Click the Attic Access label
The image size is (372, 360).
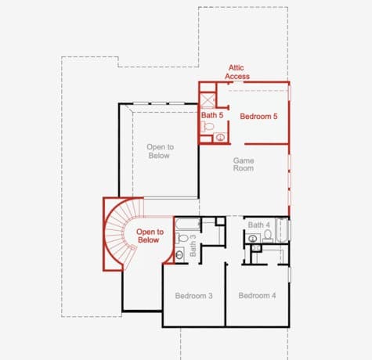(237, 72)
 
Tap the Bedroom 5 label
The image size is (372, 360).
(258, 117)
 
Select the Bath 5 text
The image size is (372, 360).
(212, 115)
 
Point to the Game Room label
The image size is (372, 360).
(244, 164)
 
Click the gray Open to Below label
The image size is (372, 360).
(160, 151)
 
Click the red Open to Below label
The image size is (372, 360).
(150, 236)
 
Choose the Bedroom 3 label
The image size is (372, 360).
(193, 296)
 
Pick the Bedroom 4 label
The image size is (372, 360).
(257, 296)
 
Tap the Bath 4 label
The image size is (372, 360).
(258, 225)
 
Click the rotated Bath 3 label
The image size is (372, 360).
(193, 246)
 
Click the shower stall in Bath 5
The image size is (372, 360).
(208, 100)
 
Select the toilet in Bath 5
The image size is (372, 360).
(208, 127)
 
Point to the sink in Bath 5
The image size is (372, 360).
(221, 137)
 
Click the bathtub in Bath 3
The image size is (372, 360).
(188, 224)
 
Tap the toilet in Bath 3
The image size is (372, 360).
(182, 238)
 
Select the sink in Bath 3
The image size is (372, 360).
(179, 255)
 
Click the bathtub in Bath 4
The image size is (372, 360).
(282, 230)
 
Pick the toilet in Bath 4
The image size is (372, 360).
(268, 236)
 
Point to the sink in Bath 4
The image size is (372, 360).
(252, 239)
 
